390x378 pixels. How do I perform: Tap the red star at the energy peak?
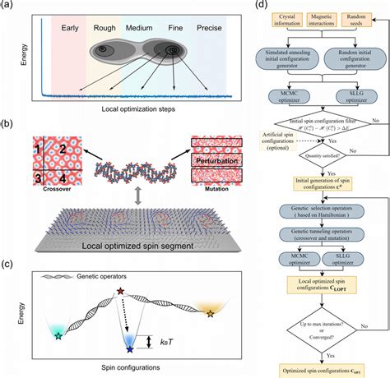pyautogui.click(x=122, y=291)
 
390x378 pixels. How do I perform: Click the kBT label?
pyautogui.click(x=174, y=339)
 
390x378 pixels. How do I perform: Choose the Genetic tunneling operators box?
pyautogui.click(x=313, y=234)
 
